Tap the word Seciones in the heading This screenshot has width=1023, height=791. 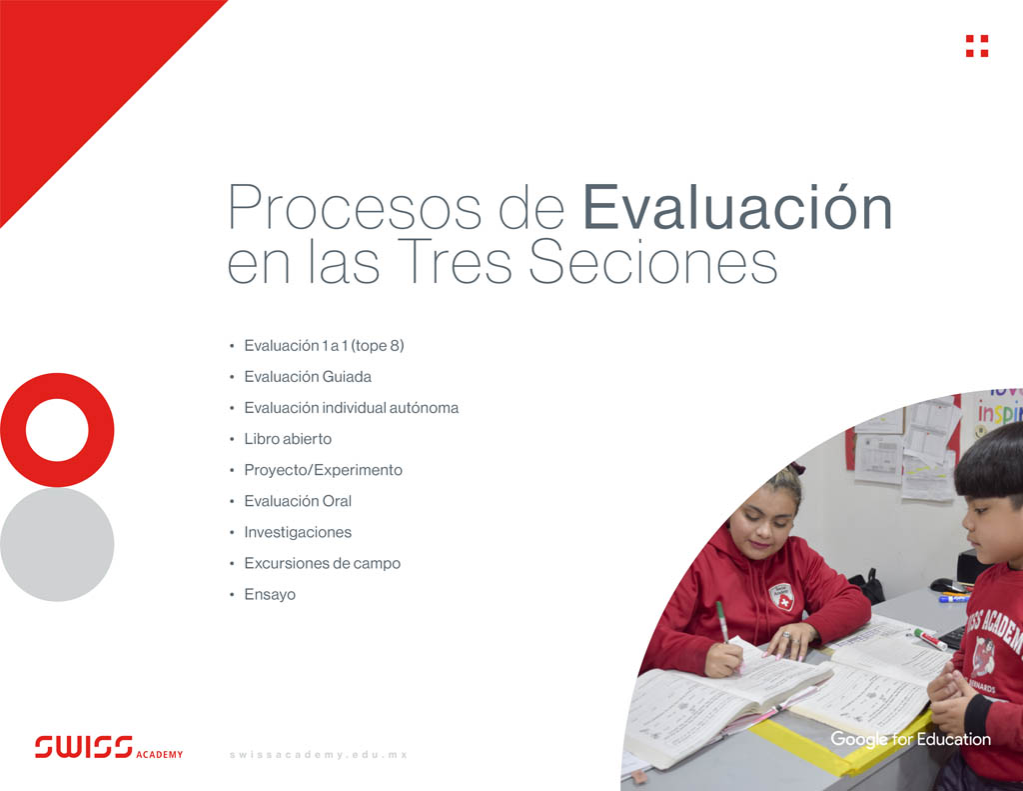click(652, 263)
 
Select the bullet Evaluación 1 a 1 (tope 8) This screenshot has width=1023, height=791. click(324, 346)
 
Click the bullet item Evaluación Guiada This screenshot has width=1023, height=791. click(308, 377)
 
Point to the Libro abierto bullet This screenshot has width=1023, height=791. click(288, 439)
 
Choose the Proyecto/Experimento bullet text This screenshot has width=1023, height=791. click(323, 470)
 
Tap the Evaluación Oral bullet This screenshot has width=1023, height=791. click(298, 501)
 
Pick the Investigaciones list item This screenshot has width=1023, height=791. click(298, 532)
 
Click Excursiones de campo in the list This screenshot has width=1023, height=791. click(322, 563)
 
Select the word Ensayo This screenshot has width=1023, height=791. click(270, 594)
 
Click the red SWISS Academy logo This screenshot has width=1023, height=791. click(109, 747)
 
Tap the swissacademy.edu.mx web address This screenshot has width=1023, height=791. click(318, 754)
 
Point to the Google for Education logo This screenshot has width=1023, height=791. click(910, 740)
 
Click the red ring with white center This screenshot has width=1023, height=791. click(57, 430)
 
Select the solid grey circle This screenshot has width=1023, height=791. click(57, 544)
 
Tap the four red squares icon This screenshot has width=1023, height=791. click(976, 46)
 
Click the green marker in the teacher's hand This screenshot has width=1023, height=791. click(722, 620)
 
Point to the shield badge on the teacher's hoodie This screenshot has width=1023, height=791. click(781, 597)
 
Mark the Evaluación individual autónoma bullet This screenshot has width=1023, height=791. click(351, 408)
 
